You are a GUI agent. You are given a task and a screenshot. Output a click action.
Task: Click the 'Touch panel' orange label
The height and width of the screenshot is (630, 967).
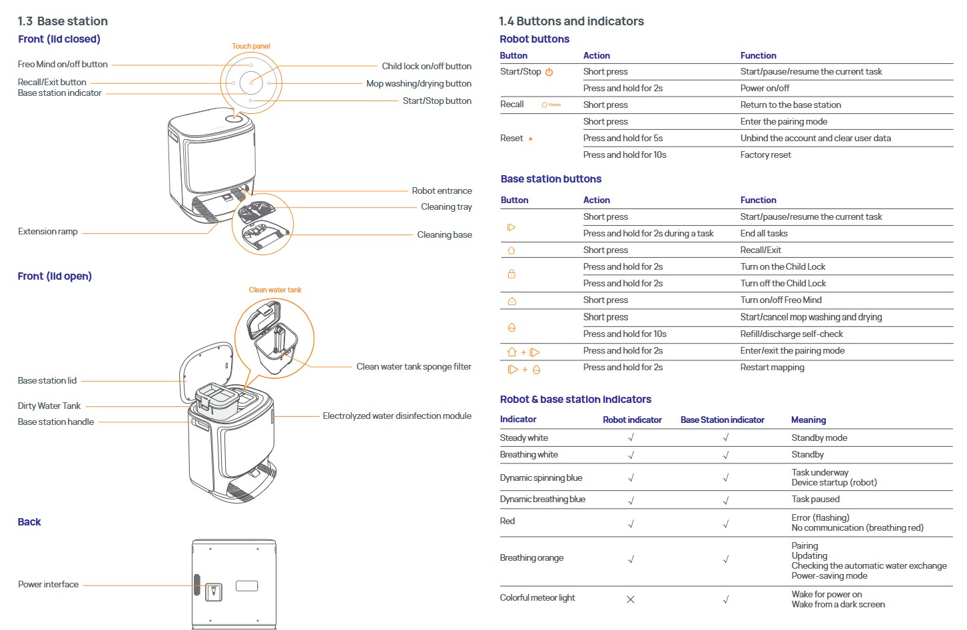251,46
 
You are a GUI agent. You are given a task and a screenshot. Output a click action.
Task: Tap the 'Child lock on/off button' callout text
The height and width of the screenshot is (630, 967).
426,66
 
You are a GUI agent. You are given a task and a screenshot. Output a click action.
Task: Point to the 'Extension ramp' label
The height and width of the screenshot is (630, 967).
48,231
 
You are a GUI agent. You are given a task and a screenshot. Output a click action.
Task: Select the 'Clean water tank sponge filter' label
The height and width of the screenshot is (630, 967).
414,366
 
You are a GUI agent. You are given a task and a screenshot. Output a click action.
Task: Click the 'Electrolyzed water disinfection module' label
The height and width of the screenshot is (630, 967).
397,416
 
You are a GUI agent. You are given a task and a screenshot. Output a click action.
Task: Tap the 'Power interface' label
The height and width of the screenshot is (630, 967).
48,584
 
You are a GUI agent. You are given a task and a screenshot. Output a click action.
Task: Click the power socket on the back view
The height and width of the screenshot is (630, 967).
214,591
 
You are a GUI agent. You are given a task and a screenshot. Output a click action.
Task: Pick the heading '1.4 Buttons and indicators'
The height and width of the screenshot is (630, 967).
571,21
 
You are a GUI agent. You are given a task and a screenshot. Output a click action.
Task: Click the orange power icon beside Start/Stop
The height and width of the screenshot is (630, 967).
549,72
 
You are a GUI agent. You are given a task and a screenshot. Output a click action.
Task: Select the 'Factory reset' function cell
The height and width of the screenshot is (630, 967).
766,155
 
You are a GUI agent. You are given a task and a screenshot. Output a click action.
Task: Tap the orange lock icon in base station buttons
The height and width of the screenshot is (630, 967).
511,274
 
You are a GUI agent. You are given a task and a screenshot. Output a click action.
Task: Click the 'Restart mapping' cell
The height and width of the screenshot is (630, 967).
772,367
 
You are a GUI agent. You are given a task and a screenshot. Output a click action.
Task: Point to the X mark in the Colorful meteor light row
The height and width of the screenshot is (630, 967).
631,599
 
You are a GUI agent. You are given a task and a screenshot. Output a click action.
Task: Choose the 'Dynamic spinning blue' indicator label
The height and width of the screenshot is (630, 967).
541,477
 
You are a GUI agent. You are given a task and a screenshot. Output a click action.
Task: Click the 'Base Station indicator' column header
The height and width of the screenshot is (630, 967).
722,420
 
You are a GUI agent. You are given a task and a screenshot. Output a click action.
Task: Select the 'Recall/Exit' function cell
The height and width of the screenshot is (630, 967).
761,250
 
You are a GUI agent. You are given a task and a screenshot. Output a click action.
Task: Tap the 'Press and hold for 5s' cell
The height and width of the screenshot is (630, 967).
623,138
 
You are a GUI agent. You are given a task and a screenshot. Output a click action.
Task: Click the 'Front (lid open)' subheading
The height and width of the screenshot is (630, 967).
55,276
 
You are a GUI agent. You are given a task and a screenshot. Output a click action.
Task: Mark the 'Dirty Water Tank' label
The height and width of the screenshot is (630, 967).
49,406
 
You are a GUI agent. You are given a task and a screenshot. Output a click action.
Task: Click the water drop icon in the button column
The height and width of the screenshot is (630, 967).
511,328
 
